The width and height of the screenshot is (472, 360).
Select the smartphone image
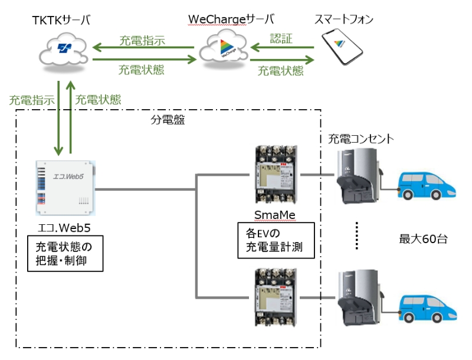pos(342,47)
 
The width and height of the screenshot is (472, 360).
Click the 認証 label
pos(281,38)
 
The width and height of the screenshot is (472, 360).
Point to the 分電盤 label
pos(168,120)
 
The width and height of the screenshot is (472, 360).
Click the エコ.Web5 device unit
pos(65,188)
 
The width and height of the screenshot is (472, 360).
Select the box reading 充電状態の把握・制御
pos(65,254)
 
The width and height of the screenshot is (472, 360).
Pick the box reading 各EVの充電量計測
pos(276,240)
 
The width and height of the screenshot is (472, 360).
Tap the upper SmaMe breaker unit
pos(276,175)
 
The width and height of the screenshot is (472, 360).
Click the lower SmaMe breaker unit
pos(276,297)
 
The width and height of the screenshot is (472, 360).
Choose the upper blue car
pos(427,186)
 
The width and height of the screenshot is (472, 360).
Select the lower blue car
pos(427,309)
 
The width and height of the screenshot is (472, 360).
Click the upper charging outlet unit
pos(358,176)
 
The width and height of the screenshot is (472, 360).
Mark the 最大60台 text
pos(423,239)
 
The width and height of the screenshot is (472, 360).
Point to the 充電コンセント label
pos(360,139)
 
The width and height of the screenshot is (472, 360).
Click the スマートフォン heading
pos(344,19)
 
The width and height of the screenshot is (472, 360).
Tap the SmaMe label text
pos(275,215)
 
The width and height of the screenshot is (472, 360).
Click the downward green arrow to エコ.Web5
pos(58,118)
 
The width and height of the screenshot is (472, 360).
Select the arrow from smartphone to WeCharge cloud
pos(282,47)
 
